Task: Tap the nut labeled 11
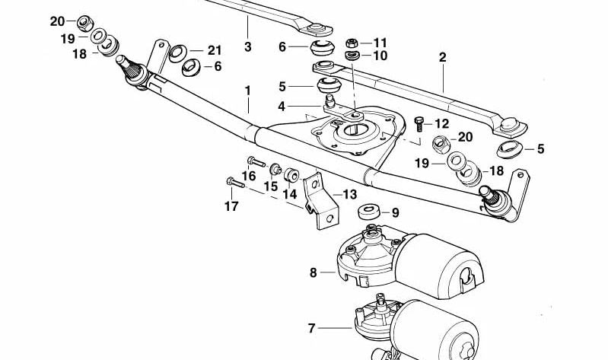(x=352, y=42)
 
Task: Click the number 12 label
(x=442, y=123)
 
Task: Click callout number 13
(x=349, y=195)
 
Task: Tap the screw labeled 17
(x=231, y=181)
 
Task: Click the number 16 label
(x=249, y=177)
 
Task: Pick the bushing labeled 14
(x=291, y=178)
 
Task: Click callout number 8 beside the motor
(x=313, y=272)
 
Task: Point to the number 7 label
(x=311, y=329)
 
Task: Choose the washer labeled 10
(x=352, y=56)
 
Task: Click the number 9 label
(x=395, y=212)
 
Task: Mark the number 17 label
(x=231, y=205)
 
